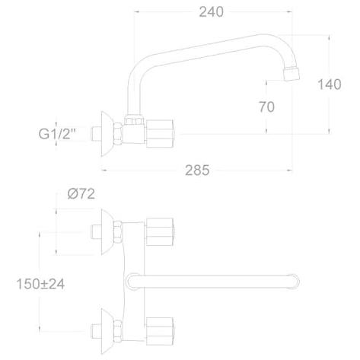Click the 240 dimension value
pos(211,12)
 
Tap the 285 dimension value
pos(197,170)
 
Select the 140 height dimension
pos(330,84)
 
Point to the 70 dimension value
pos(266,107)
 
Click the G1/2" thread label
pos(58,134)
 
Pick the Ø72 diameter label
pos(81,194)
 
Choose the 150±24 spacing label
pos(40,284)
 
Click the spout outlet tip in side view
pos(291,74)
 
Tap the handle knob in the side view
pos(160,134)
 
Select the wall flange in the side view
pos(107,134)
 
